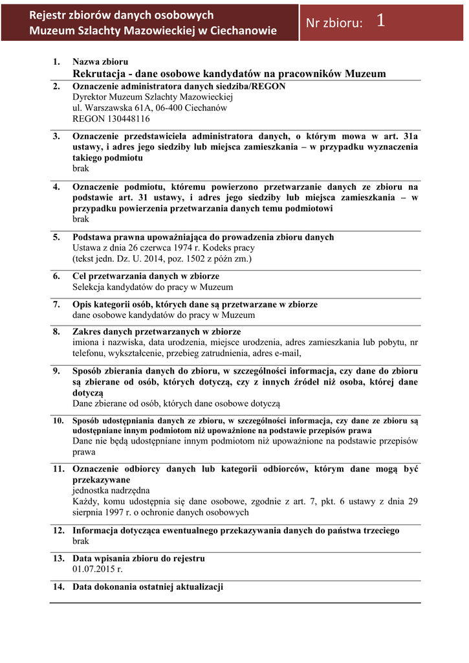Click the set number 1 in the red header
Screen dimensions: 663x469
point(380,21)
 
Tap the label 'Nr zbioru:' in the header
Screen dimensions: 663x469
point(334,23)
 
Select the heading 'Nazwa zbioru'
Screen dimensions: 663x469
point(100,62)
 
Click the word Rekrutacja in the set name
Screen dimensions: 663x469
point(100,74)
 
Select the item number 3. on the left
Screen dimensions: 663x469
point(57,136)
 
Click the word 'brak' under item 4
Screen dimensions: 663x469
point(80,219)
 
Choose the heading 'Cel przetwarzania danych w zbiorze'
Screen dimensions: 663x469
point(146,276)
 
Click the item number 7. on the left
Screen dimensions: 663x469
point(57,304)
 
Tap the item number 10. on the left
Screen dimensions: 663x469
point(58,421)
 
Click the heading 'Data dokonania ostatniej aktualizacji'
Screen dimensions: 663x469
point(147,587)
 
